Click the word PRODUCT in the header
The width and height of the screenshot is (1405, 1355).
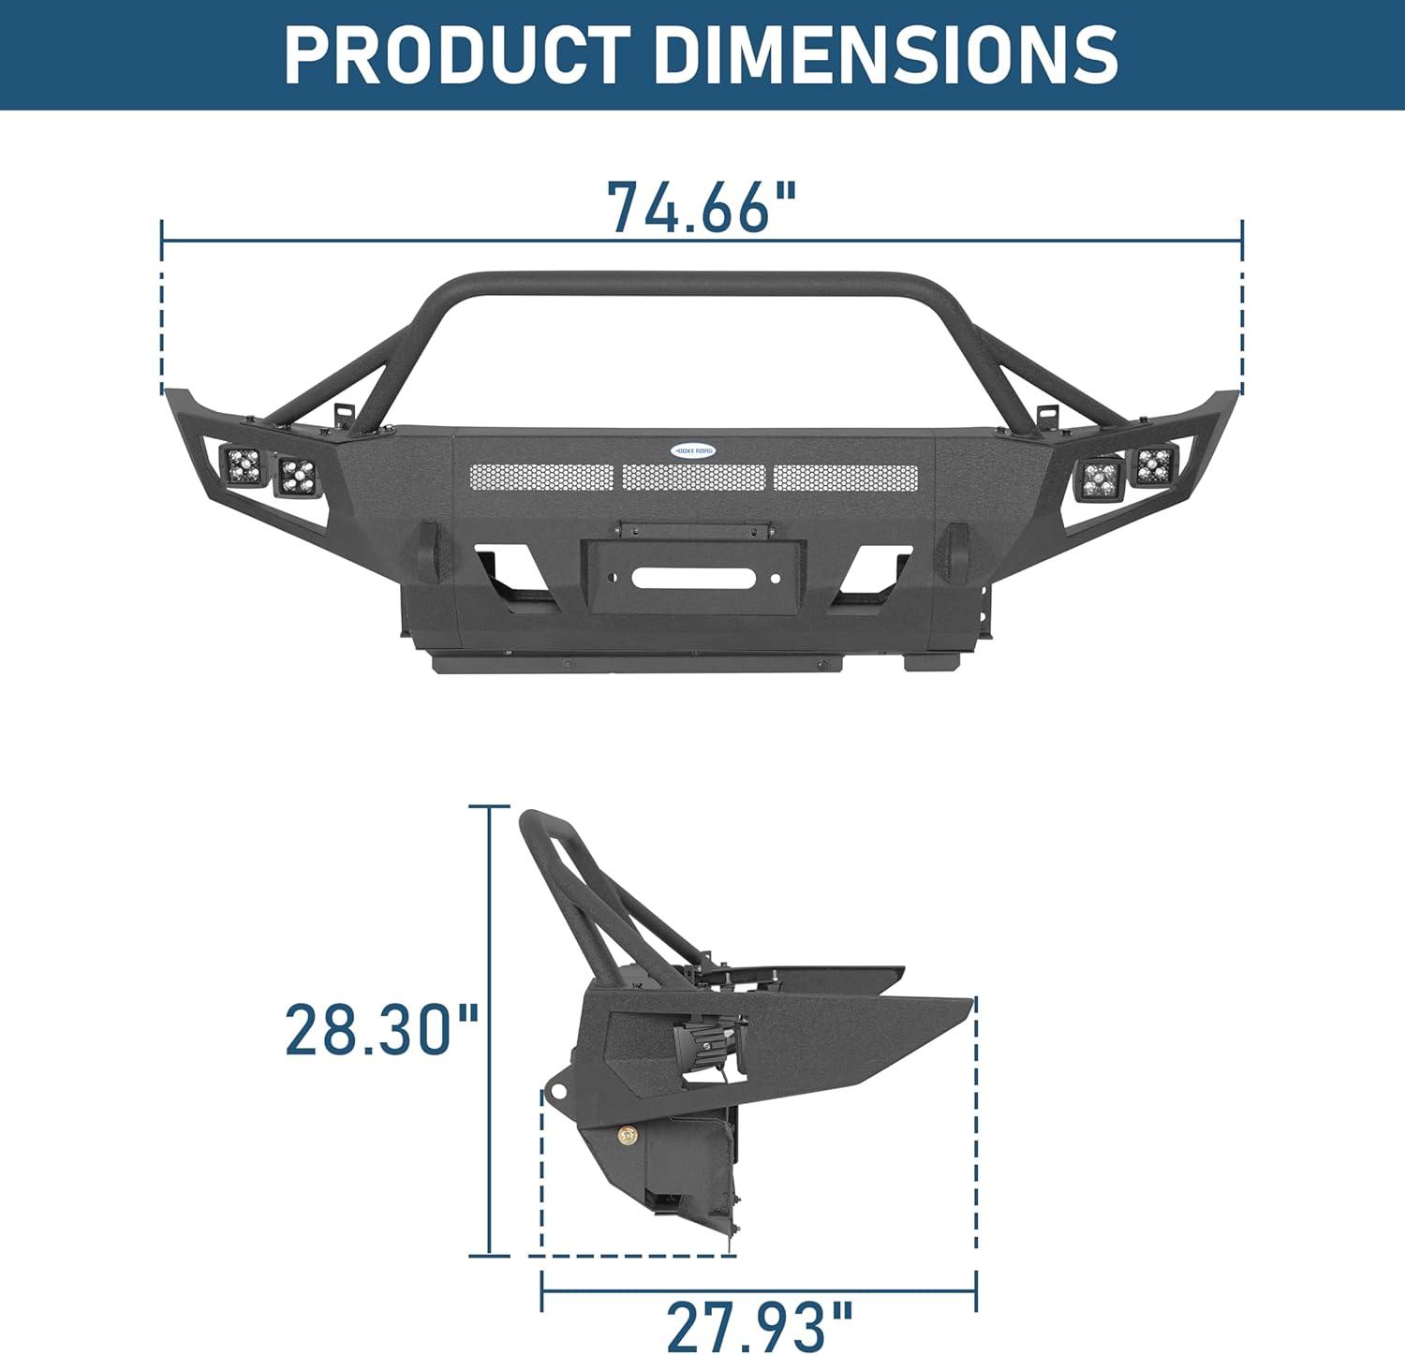[456, 54]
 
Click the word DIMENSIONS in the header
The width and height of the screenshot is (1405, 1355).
[886, 54]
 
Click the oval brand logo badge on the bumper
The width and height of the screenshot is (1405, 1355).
[693, 450]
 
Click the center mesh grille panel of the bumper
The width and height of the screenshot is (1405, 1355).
[693, 478]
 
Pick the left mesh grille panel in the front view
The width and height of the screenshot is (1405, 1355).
[541, 478]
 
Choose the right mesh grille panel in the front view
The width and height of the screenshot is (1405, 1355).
[846, 478]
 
